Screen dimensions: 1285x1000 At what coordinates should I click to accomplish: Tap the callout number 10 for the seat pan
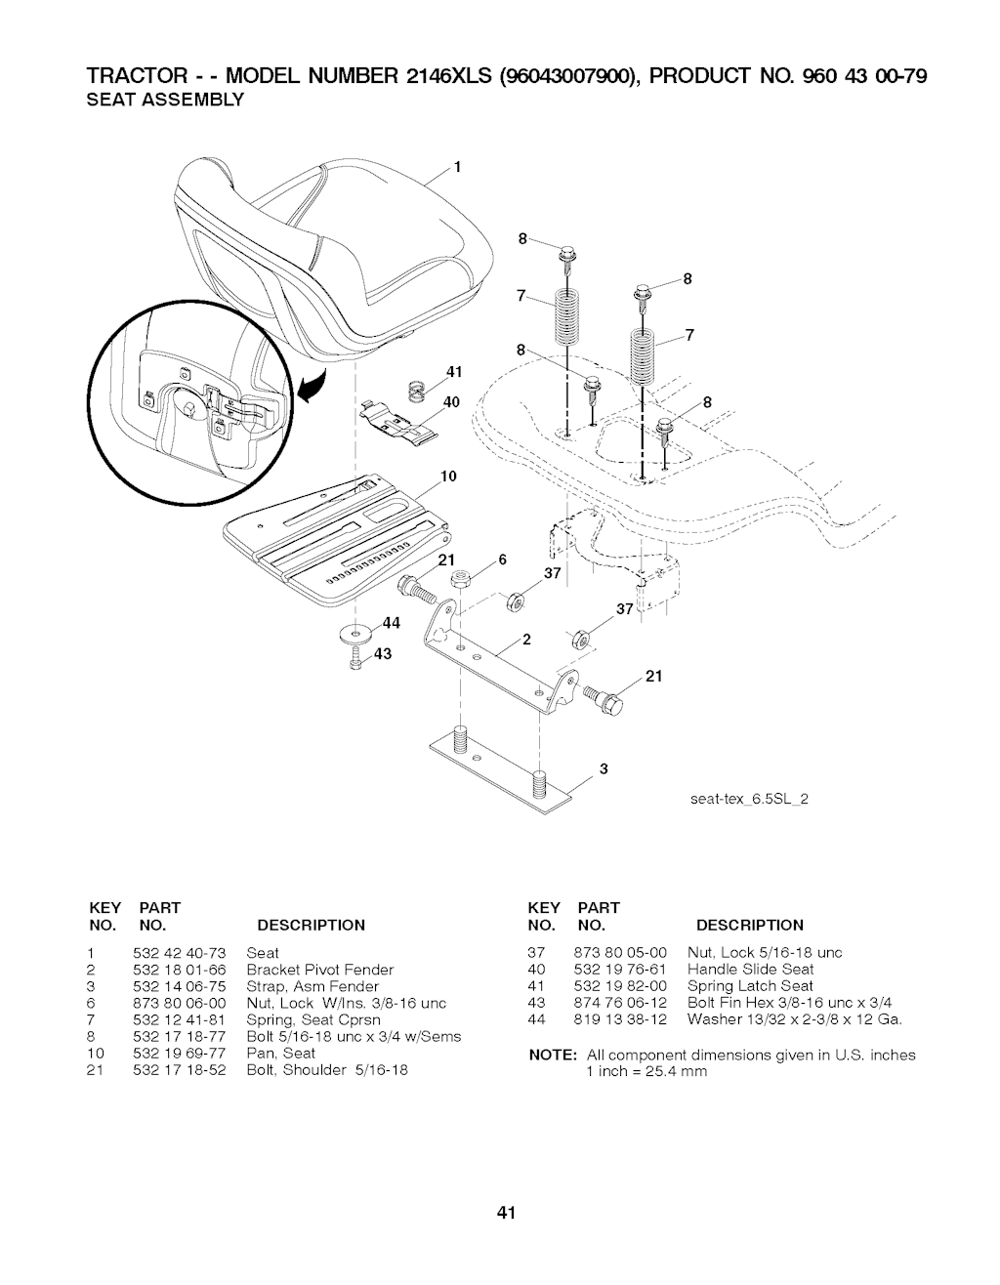point(449,477)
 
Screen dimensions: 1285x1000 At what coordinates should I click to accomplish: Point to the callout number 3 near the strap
point(604,768)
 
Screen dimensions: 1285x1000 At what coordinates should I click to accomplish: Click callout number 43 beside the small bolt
point(383,654)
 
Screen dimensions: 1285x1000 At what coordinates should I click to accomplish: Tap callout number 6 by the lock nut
point(502,560)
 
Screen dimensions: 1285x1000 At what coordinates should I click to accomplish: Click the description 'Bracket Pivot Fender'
point(320,970)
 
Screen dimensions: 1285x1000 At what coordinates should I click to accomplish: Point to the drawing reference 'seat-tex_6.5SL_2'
point(747,799)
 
